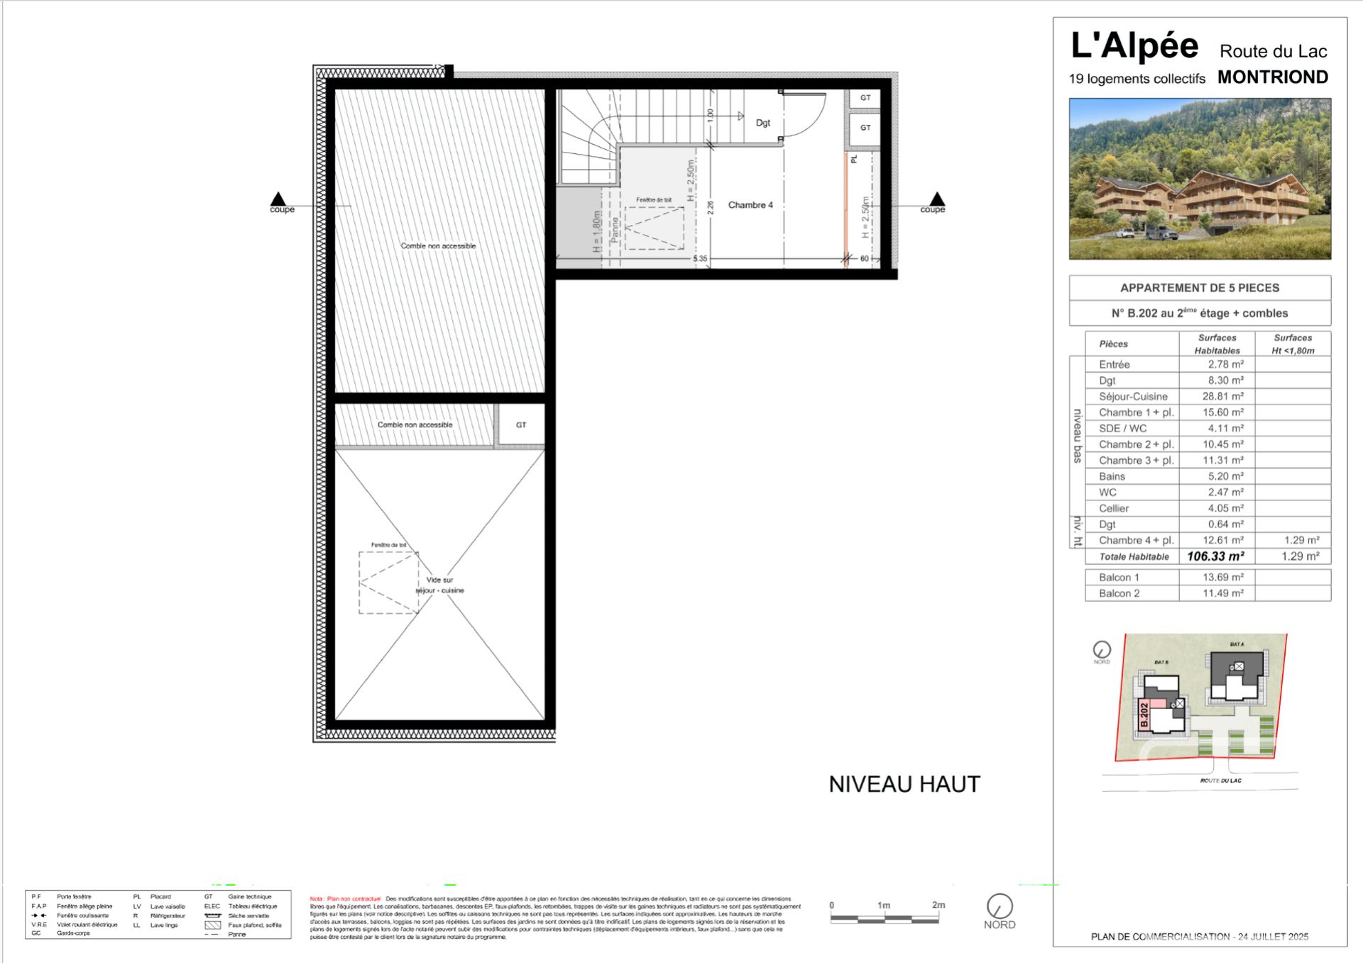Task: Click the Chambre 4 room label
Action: click(750, 205)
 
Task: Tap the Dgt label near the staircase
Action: click(762, 123)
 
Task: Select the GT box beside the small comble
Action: click(521, 425)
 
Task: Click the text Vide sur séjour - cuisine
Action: click(439, 585)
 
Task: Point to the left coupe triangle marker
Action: click(278, 199)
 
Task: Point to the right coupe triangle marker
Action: click(937, 199)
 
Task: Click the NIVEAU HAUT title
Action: click(904, 784)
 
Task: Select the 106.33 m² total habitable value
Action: click(1215, 556)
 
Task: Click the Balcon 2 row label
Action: click(1119, 593)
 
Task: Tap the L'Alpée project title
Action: click(1134, 46)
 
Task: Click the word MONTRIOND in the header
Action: click(1272, 77)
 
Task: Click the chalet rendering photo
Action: click(1200, 179)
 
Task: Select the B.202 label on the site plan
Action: click(1144, 715)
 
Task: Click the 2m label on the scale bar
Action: click(938, 905)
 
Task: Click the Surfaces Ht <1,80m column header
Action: click(1292, 344)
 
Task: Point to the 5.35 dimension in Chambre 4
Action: click(700, 259)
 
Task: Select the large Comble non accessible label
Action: click(438, 246)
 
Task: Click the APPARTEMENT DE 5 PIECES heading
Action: click(1199, 288)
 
